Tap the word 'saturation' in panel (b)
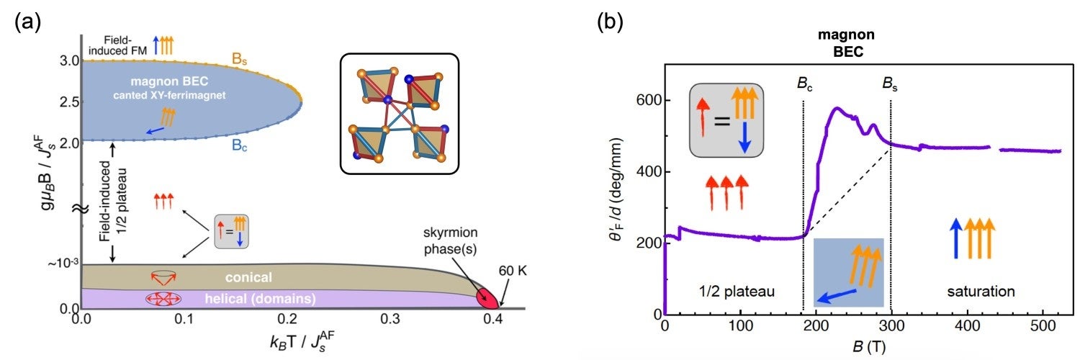[x=980, y=292]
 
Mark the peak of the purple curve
[x=837, y=109]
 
